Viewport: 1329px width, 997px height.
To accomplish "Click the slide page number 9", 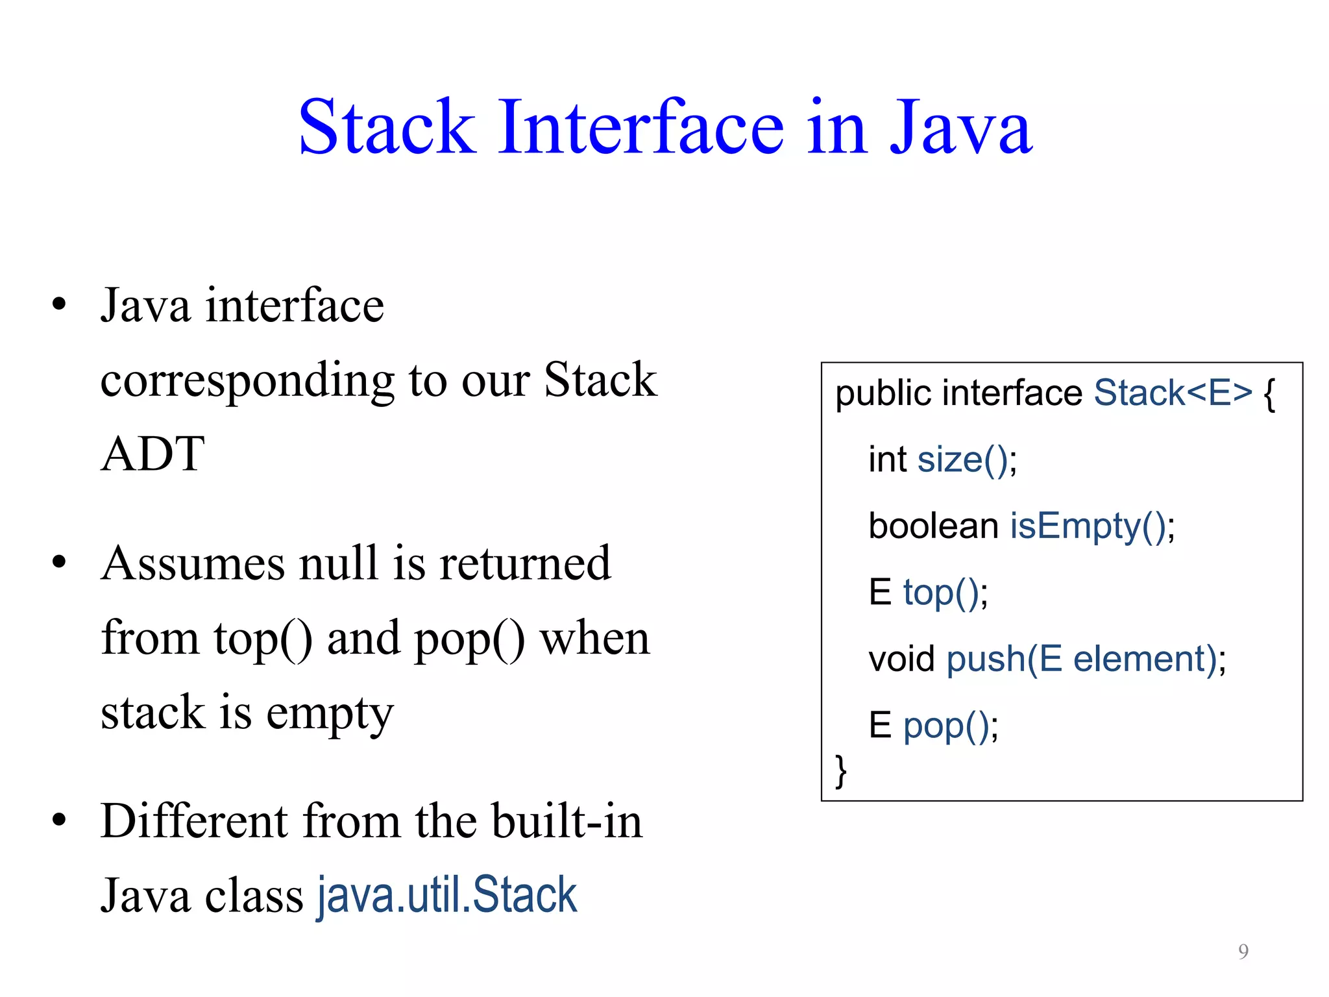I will click(1243, 951).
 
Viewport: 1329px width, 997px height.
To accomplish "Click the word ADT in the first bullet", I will click(152, 454).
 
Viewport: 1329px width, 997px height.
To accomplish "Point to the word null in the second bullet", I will click(338, 563).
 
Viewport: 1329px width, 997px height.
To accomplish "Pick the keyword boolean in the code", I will click(933, 526).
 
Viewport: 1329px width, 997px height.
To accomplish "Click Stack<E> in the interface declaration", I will click(1172, 393).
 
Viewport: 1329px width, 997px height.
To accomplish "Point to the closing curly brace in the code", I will click(841, 771).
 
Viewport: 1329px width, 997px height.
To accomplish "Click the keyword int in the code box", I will click(887, 460).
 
